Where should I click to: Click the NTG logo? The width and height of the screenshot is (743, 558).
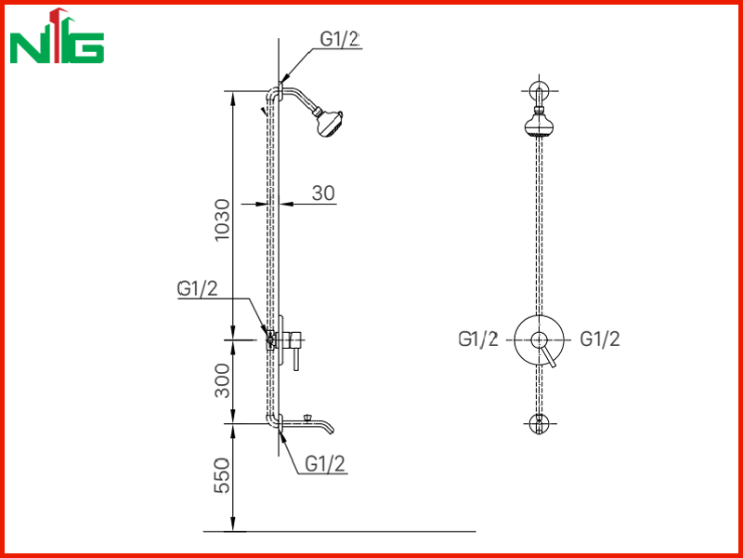tap(57, 36)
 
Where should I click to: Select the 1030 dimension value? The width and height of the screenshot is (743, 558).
tap(222, 219)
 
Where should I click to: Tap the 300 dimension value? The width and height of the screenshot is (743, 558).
tap(222, 380)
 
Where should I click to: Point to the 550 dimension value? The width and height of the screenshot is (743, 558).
tap(222, 476)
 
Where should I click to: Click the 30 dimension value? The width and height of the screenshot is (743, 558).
tap(323, 193)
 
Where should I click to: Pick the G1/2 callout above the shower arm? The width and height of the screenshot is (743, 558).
tap(339, 39)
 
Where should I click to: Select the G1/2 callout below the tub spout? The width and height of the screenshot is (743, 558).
tap(325, 463)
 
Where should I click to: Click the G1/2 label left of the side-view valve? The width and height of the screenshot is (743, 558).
tap(198, 288)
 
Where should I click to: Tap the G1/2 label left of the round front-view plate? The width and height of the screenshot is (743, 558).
tap(478, 339)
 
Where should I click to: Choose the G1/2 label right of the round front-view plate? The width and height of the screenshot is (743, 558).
tap(600, 339)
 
